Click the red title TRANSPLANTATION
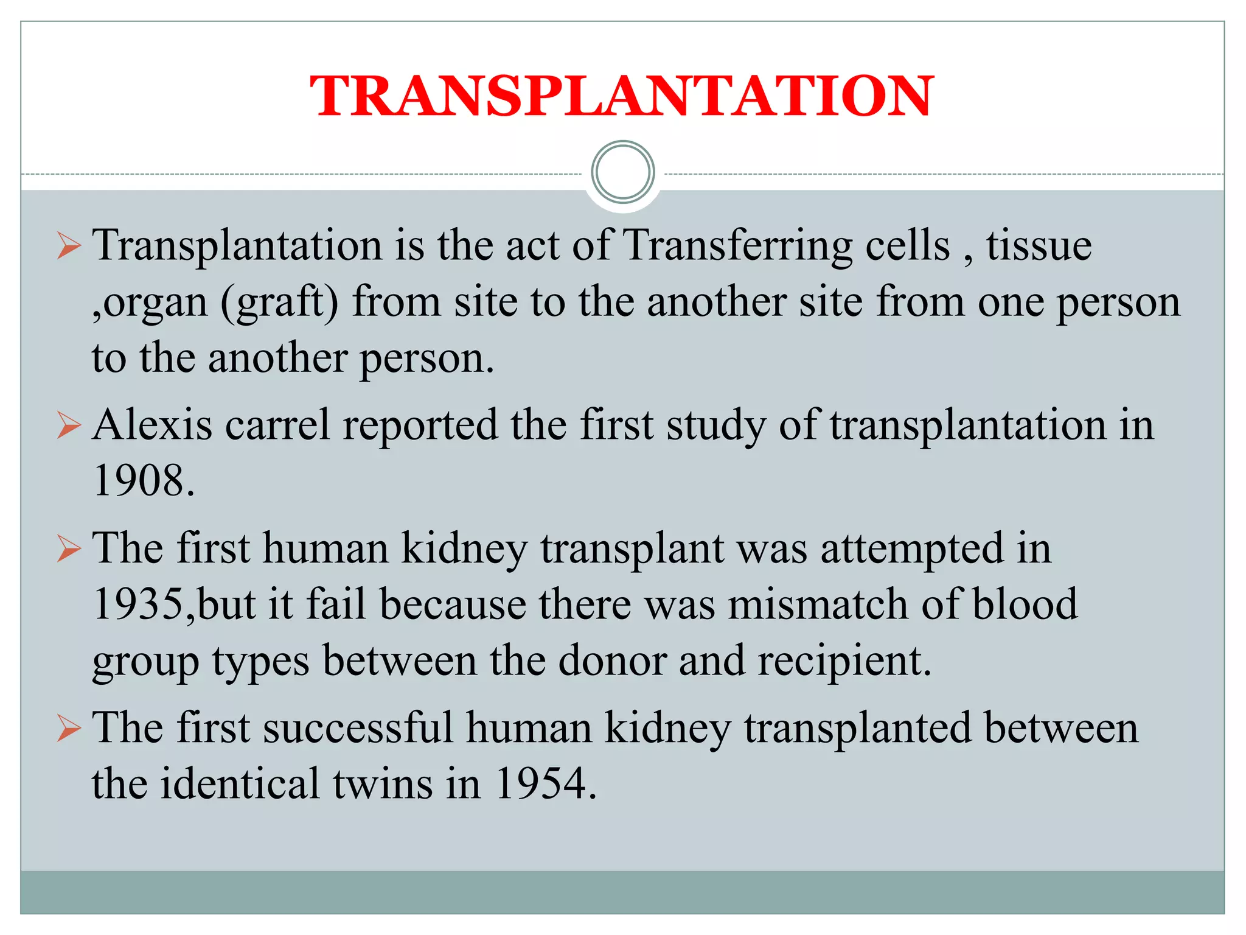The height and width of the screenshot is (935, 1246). point(622,96)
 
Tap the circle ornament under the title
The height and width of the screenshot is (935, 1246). point(622,172)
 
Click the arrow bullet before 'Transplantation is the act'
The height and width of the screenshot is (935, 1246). point(69,247)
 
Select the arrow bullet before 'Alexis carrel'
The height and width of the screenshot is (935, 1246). point(69,425)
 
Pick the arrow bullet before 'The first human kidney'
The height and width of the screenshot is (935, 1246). point(69,549)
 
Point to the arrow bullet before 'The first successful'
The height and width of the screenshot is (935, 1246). point(69,728)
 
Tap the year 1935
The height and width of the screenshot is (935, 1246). point(139,604)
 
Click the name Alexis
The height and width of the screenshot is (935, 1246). point(152,425)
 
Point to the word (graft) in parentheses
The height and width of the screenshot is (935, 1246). point(279,303)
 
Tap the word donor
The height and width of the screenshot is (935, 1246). point(612,660)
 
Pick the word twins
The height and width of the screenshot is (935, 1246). point(383,783)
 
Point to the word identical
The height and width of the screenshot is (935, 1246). point(240,783)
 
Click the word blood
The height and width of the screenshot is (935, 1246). point(1025,604)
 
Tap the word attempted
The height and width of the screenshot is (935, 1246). point(912,549)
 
